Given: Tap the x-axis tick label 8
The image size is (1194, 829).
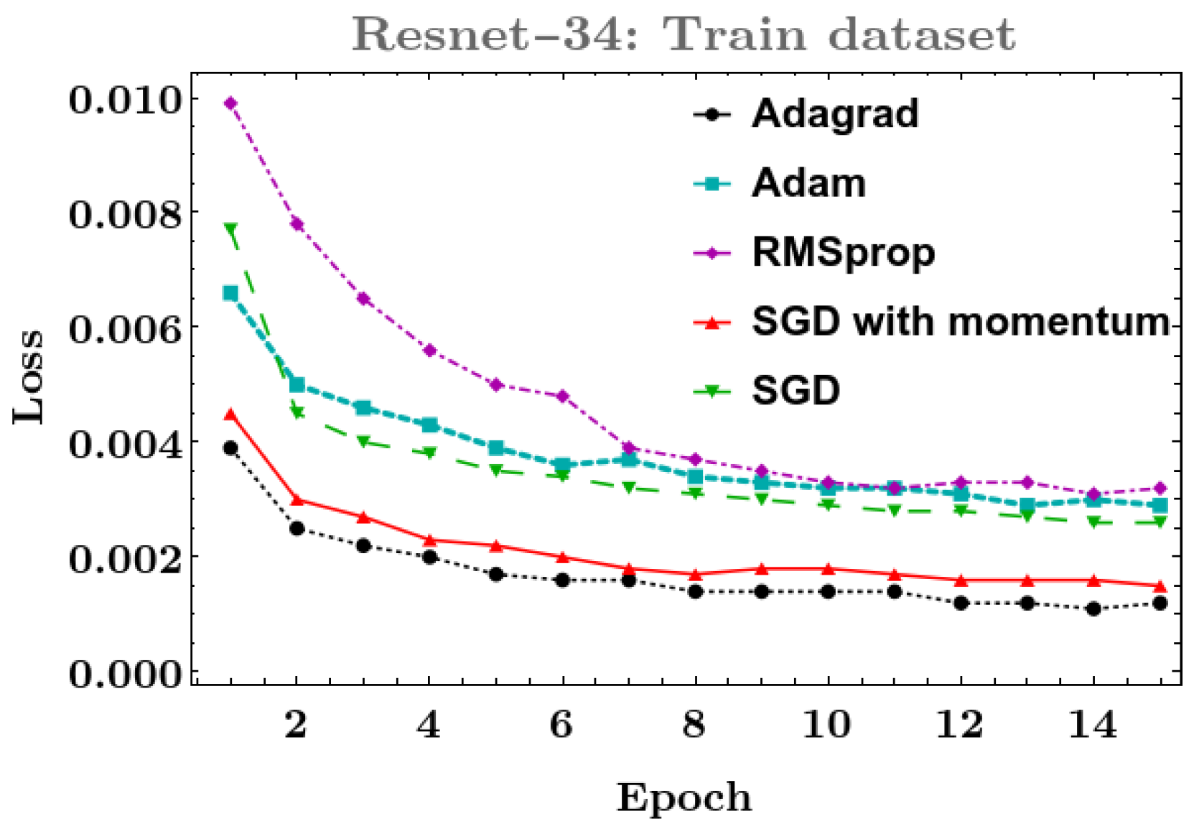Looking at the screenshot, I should pyautogui.click(x=694, y=724).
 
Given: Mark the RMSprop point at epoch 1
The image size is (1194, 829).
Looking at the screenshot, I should pyautogui.click(x=230, y=103).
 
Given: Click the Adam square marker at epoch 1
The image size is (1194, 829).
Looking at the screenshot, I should pyautogui.click(x=230, y=293).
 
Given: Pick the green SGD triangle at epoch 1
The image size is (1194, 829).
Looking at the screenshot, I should pyautogui.click(x=230, y=228).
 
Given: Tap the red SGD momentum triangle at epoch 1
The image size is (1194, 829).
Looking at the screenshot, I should pyautogui.click(x=230, y=414).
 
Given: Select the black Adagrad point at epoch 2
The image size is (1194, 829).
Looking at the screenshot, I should pyautogui.click(x=297, y=529).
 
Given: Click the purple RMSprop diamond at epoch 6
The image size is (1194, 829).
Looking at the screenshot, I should pyautogui.click(x=562, y=396).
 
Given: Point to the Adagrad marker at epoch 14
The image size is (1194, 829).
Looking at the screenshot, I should pyautogui.click(x=1093, y=609).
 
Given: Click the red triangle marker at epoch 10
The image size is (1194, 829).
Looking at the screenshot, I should pyautogui.click(x=828, y=568).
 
